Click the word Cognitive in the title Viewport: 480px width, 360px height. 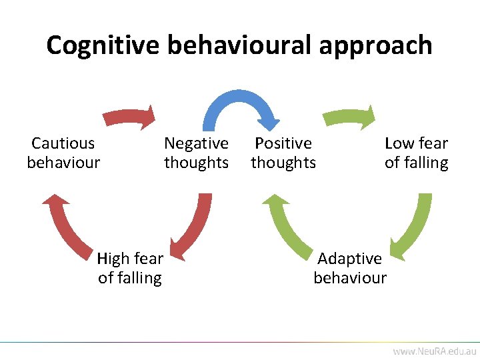(103, 45)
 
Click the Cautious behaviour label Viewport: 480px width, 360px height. (63, 153)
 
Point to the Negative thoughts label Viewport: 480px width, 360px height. (196, 153)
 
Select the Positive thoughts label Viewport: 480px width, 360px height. (283, 153)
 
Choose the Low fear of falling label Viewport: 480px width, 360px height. (416, 153)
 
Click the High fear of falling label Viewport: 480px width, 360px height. (130, 268)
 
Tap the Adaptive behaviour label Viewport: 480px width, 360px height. (350, 268)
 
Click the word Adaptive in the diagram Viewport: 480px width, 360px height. (350, 259)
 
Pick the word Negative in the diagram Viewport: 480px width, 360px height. (196, 143)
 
